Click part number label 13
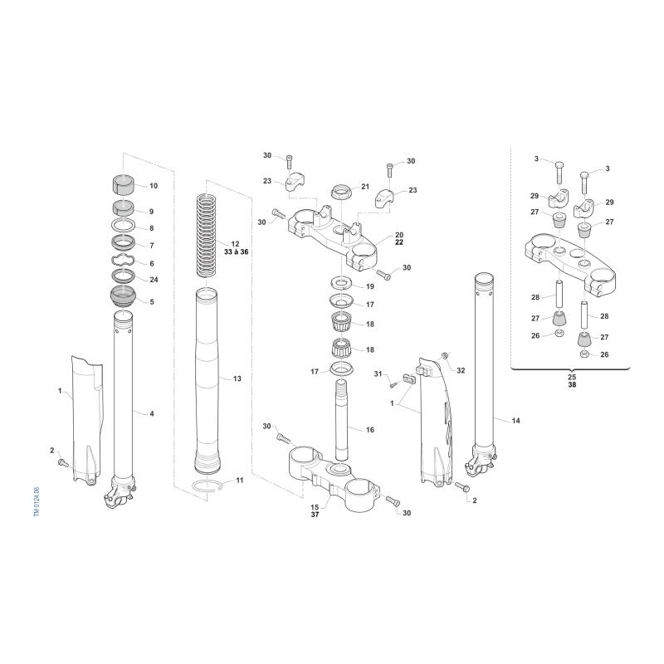[237, 378]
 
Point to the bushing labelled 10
[123, 185]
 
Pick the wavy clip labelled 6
[123, 261]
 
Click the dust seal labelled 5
[123, 298]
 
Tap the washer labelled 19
[342, 282]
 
